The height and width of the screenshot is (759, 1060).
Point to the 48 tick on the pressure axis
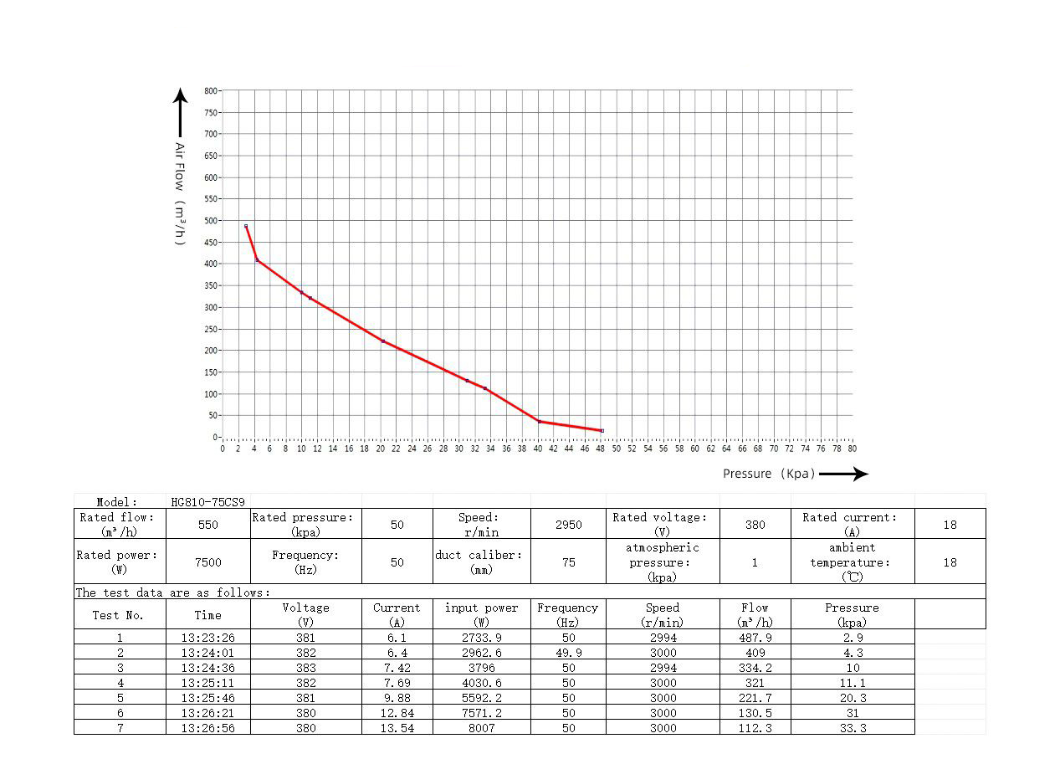601,449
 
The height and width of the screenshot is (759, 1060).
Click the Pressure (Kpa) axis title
769,474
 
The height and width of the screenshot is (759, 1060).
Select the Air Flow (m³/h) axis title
179,193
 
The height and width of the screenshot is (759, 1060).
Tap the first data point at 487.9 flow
246,226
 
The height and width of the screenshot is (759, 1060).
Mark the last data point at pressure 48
602,431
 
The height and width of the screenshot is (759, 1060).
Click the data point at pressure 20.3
383,341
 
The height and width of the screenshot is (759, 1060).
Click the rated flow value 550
207,525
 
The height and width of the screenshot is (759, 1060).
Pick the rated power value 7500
207,562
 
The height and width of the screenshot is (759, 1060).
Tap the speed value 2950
568,525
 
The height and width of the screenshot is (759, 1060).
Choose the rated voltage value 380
755,525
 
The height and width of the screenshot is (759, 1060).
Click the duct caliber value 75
568,562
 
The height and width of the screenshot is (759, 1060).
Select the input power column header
481,614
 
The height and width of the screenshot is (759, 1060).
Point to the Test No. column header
118,615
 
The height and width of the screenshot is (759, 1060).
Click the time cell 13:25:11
207,683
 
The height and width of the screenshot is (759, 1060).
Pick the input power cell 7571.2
481,713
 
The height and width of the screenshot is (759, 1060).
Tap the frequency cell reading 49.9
568,653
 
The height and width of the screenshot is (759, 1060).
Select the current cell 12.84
397,713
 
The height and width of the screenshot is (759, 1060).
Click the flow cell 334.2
755,668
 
